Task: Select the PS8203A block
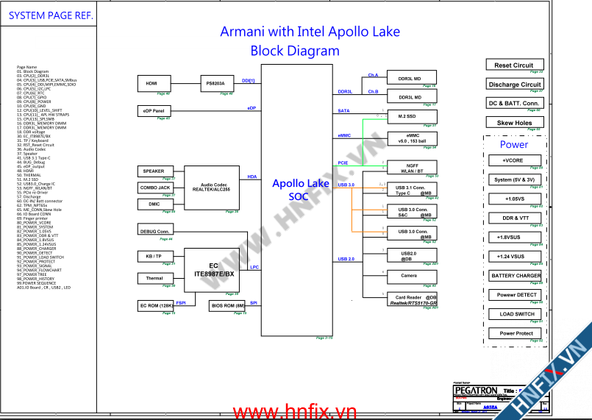(216, 83)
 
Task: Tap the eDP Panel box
(154, 111)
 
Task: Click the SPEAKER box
(154, 171)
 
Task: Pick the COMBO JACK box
(155, 188)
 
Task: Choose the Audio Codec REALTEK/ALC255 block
(211, 188)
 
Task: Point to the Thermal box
(154, 278)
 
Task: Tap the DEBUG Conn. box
(154, 231)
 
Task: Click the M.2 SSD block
(407, 116)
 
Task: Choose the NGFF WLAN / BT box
(410, 168)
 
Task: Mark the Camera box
(409, 276)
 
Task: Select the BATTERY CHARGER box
(516, 276)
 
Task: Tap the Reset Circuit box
(514, 65)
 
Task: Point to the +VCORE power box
(513, 160)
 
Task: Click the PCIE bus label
(343, 163)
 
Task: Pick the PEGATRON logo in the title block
(475, 390)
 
